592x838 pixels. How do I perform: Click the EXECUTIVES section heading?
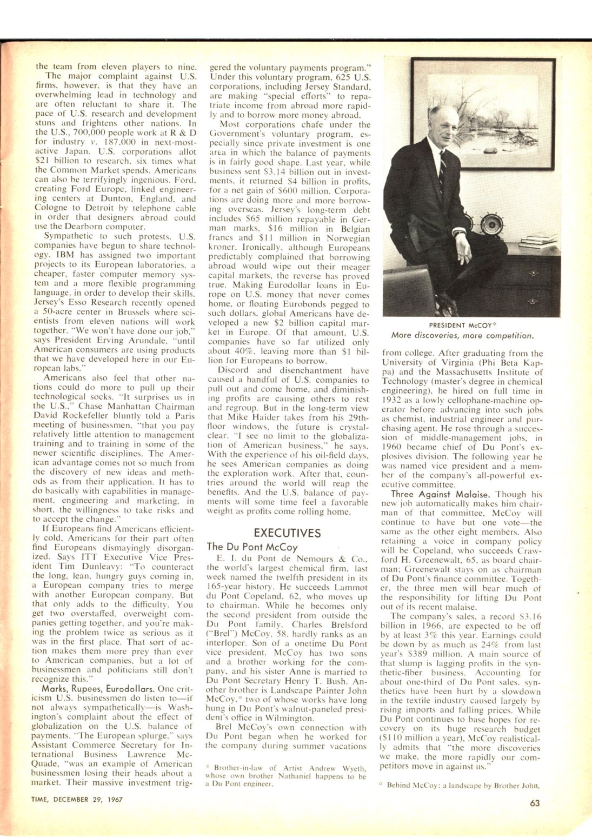[287, 533]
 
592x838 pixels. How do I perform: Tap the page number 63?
[535, 803]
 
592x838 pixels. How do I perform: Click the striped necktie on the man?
[442, 173]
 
